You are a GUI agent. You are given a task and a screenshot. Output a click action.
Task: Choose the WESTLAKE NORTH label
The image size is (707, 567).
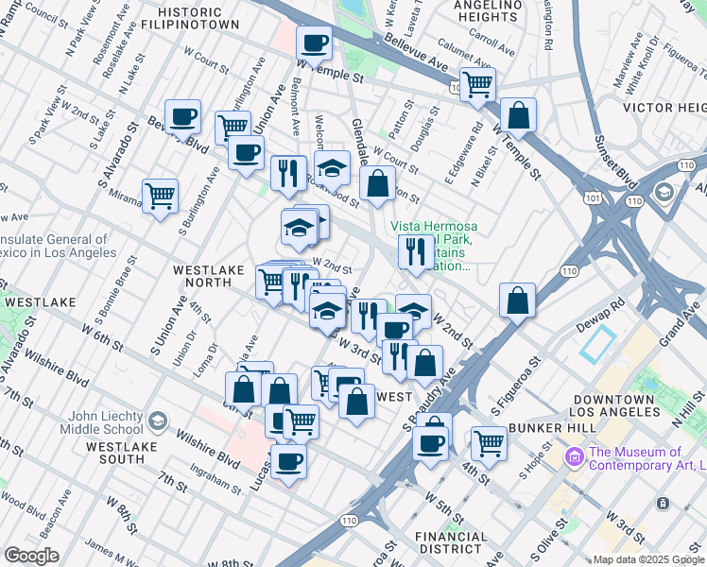(202, 276)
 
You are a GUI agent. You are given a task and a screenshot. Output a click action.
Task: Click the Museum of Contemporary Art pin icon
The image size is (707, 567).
(574, 458)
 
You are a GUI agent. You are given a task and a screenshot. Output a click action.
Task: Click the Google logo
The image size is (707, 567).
(31, 556)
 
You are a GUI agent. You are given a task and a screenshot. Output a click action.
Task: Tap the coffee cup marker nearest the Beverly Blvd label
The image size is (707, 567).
(183, 118)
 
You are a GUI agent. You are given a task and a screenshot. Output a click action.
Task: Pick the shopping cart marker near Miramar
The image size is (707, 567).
(161, 197)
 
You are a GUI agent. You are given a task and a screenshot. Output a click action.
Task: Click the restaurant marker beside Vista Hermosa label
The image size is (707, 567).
(415, 250)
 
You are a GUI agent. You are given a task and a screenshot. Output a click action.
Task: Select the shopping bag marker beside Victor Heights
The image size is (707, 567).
(518, 115)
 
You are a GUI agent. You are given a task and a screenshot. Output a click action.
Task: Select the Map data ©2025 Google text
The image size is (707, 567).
(647, 559)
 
